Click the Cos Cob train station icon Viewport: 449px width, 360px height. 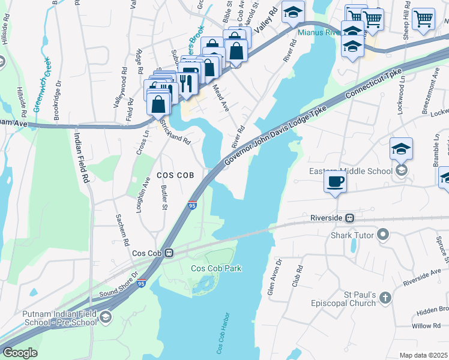pyautogui.click(x=170, y=253)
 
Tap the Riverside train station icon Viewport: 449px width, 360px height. pyautogui.click(x=349, y=217)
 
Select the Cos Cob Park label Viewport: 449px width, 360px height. pyautogui.click(x=216, y=268)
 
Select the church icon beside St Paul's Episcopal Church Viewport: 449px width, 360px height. pyautogui.click(x=385, y=298)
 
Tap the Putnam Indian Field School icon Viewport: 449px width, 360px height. pyautogui.click(x=106, y=317)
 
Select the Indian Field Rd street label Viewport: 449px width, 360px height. pyautogui.click(x=82, y=156)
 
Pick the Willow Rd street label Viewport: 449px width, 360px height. pyautogui.click(x=426, y=326)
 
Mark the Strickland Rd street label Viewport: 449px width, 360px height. pyautogui.click(x=175, y=132)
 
